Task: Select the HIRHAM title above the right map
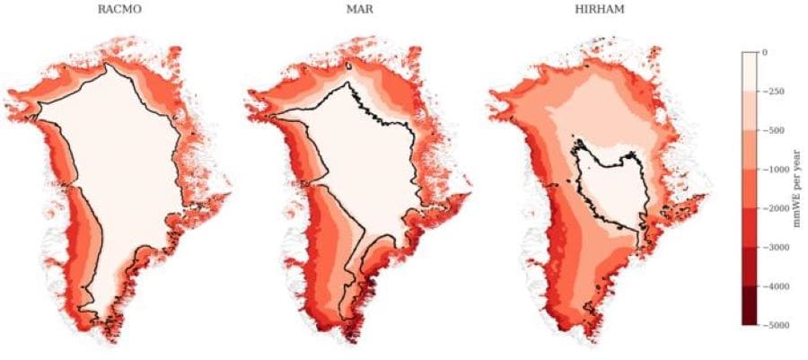click(598, 13)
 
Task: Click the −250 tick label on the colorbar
click(773, 92)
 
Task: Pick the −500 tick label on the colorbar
click(773, 130)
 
